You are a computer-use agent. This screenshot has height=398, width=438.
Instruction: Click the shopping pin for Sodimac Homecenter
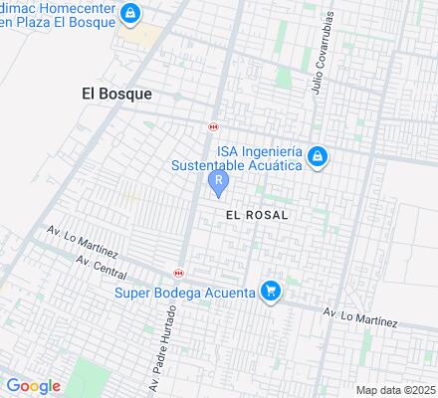[x=129, y=13]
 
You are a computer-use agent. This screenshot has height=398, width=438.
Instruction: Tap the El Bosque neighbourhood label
[x=116, y=94]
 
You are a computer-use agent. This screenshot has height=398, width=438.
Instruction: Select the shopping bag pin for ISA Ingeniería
[x=317, y=157]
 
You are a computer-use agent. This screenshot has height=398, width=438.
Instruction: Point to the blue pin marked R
[x=218, y=183]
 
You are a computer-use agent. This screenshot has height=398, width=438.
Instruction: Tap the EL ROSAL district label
[x=257, y=215]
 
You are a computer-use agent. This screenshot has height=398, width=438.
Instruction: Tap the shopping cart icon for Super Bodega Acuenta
[x=269, y=292]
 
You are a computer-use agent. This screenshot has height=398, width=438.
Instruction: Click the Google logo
[x=33, y=386]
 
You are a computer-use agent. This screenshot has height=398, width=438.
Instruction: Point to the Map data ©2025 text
[x=396, y=389]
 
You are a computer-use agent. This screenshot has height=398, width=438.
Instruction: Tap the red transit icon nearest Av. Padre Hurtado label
[x=178, y=273]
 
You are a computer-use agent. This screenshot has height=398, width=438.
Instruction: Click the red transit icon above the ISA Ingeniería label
[x=213, y=127]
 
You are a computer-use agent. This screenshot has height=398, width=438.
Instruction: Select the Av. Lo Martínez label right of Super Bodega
[x=360, y=316]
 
